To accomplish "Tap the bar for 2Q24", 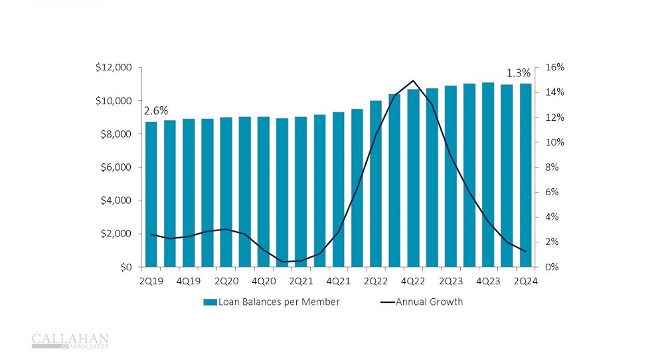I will pyautogui.click(x=525, y=175).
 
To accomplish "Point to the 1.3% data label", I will pyautogui.click(x=518, y=73).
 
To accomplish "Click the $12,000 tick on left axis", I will pyautogui.click(x=114, y=68).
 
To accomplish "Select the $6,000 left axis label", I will pyautogui.click(x=117, y=167).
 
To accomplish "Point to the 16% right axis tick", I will pyautogui.click(x=554, y=68).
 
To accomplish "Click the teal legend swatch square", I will pyautogui.click(x=209, y=302).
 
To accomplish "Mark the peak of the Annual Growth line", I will pyautogui.click(x=414, y=80).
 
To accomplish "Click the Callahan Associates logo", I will pyautogui.click(x=70, y=341).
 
